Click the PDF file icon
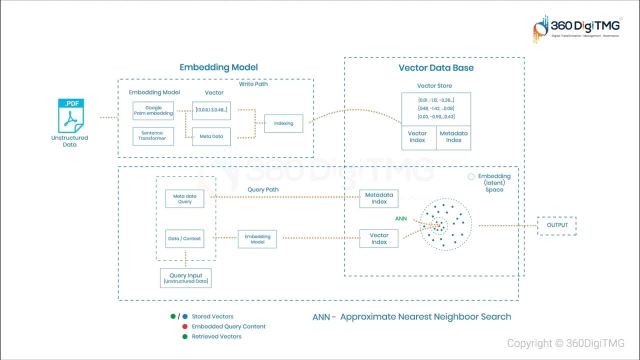pyautogui.click(x=70, y=116)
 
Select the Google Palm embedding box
pyautogui.click(x=153, y=110)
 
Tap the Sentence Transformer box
pyautogui.click(x=153, y=135)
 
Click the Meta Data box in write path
pyautogui.click(x=211, y=136)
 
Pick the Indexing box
pyautogui.click(x=283, y=123)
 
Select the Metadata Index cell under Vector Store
pyautogui.click(x=453, y=137)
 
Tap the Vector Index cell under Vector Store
pyautogui.click(x=418, y=137)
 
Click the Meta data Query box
pyautogui.click(x=184, y=199)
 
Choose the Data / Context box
pyautogui.click(x=184, y=238)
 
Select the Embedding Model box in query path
pyautogui.click(x=257, y=239)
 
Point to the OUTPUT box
pyautogui.click(x=556, y=225)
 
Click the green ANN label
pyautogui.click(x=401, y=218)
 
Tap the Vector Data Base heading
pyautogui.click(x=435, y=68)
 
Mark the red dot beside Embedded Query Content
pyautogui.click(x=185, y=326)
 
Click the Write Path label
pyautogui.click(x=253, y=84)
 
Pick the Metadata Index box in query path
pyautogui.click(x=379, y=198)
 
